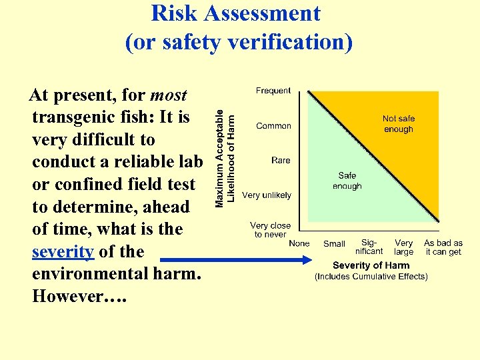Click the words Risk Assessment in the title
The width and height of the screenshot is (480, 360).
coord(235,13)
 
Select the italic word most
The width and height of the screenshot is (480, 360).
coord(169,95)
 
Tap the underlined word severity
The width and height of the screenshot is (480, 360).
coord(63,252)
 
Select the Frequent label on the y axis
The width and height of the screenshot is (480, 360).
coord(273,91)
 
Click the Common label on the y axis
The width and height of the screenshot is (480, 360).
coord(273,126)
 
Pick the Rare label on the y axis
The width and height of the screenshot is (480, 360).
coord(281,161)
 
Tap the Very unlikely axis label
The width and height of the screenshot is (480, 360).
coord(267,195)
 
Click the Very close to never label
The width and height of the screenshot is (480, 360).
coord(271,230)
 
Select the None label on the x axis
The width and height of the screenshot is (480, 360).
coord(299,243)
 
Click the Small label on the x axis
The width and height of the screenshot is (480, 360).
coord(334,244)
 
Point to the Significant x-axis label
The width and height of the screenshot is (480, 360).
coord(369,247)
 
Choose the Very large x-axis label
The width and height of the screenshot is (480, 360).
coord(403,247)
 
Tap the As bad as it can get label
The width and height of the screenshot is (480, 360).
coord(443,247)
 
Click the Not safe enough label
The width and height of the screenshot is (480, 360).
coord(399,124)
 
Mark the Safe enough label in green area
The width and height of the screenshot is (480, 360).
coord(347,181)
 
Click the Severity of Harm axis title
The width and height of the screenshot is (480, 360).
coord(371,265)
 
